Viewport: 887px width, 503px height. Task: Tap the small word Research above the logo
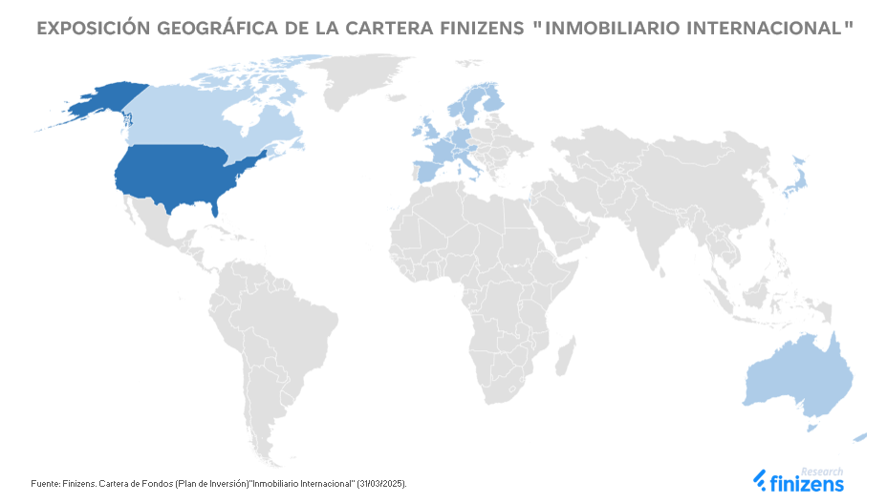coord(821,472)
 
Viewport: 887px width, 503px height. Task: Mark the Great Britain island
coord(429,131)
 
